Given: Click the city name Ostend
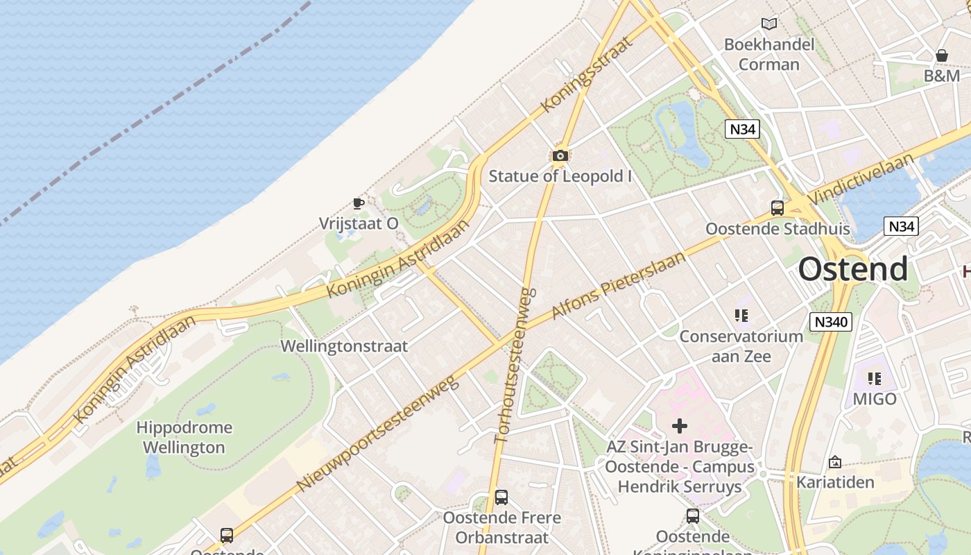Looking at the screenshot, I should [852, 269].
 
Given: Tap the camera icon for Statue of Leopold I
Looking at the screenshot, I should [560, 155].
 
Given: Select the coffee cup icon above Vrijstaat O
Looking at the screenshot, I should [358, 203].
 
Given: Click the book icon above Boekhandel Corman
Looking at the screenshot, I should [768, 24].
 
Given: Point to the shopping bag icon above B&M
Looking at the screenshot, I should [942, 55].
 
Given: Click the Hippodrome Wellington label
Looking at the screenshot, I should [184, 437].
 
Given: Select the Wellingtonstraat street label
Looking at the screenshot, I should [344, 345].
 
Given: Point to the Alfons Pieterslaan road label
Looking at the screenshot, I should [618, 285].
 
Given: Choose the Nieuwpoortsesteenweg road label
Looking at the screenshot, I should [378, 433].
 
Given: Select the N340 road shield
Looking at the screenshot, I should [830, 322].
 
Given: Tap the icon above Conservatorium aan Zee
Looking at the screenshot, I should [741, 316].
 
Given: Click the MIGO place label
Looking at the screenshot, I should [875, 399].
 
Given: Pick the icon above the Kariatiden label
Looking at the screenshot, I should [835, 462].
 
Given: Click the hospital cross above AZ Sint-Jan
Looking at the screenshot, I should [680, 426].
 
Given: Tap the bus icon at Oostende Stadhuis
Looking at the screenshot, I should [777, 207].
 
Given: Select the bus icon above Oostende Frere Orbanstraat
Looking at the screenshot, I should [501, 497].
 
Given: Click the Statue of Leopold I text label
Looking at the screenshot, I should [560, 176].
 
